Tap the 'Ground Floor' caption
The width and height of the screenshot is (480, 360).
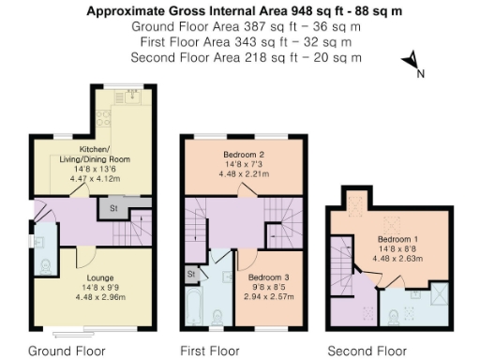coord(67,352)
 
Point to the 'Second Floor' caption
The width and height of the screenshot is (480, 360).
coord(367,352)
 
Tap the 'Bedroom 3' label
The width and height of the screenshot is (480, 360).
coord(270,278)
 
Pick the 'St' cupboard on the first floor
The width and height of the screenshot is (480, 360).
coord(190,273)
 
